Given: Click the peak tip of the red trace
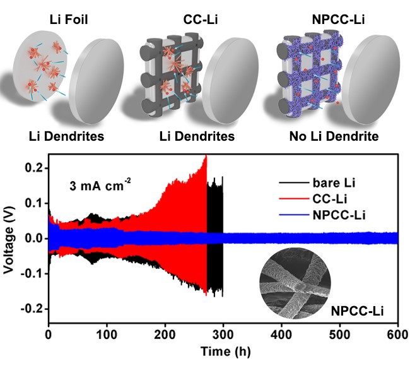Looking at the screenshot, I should coord(206,155).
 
